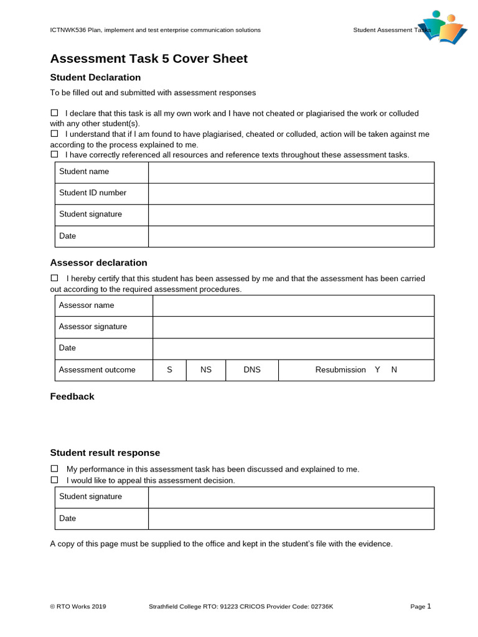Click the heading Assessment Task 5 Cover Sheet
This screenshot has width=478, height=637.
pos(149,58)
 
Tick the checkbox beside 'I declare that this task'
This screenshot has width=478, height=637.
pos(54,113)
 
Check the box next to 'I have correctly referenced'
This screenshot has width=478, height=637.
pos(54,154)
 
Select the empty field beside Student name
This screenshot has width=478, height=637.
pos(291,172)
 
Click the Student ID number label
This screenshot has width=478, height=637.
pos(93,193)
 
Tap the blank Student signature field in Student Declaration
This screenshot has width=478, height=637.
pos(291,215)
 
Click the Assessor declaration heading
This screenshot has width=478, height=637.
pos(98,263)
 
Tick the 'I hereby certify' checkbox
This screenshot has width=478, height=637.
pos(54,278)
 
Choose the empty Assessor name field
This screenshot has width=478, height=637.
pos(293,305)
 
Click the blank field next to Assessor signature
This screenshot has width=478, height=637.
pos(293,327)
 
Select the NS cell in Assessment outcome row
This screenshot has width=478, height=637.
pos(206,370)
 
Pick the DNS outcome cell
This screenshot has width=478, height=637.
pos(252,370)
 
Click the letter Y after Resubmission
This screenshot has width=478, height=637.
pos(377,370)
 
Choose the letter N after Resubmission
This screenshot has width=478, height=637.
pos(394,370)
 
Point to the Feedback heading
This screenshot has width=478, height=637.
pos(72,396)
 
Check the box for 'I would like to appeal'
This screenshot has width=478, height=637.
pos(54,480)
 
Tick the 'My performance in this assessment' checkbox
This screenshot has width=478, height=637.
pos(54,468)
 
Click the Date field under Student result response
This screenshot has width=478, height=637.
pos(291,519)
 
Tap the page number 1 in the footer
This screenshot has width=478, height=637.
pos(429,606)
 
